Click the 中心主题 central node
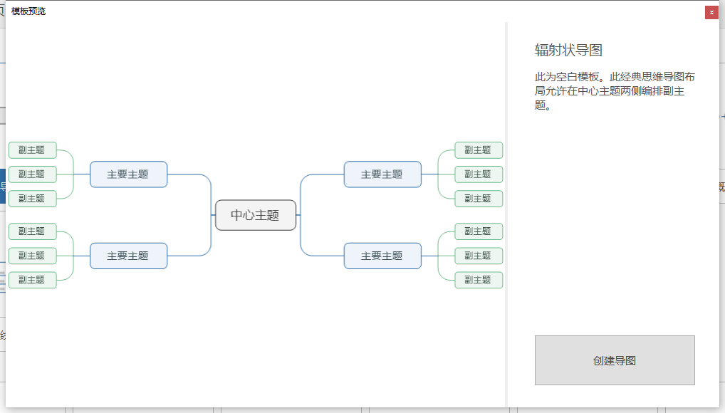255,215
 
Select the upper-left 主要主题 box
128,174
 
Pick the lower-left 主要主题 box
128,256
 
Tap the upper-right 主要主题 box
382,174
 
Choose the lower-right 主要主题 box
382,256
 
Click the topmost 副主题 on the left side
32,150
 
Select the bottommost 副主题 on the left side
32,280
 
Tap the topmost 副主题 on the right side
479,150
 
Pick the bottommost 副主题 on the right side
479,280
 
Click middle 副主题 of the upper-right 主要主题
479,174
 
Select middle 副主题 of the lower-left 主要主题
32,256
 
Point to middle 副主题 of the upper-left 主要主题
32,174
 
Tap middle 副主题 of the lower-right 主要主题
479,256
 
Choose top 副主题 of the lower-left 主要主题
32,231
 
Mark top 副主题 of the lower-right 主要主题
479,231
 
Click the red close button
711,12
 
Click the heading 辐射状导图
568,50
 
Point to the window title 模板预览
28,11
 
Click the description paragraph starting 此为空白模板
614,90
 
